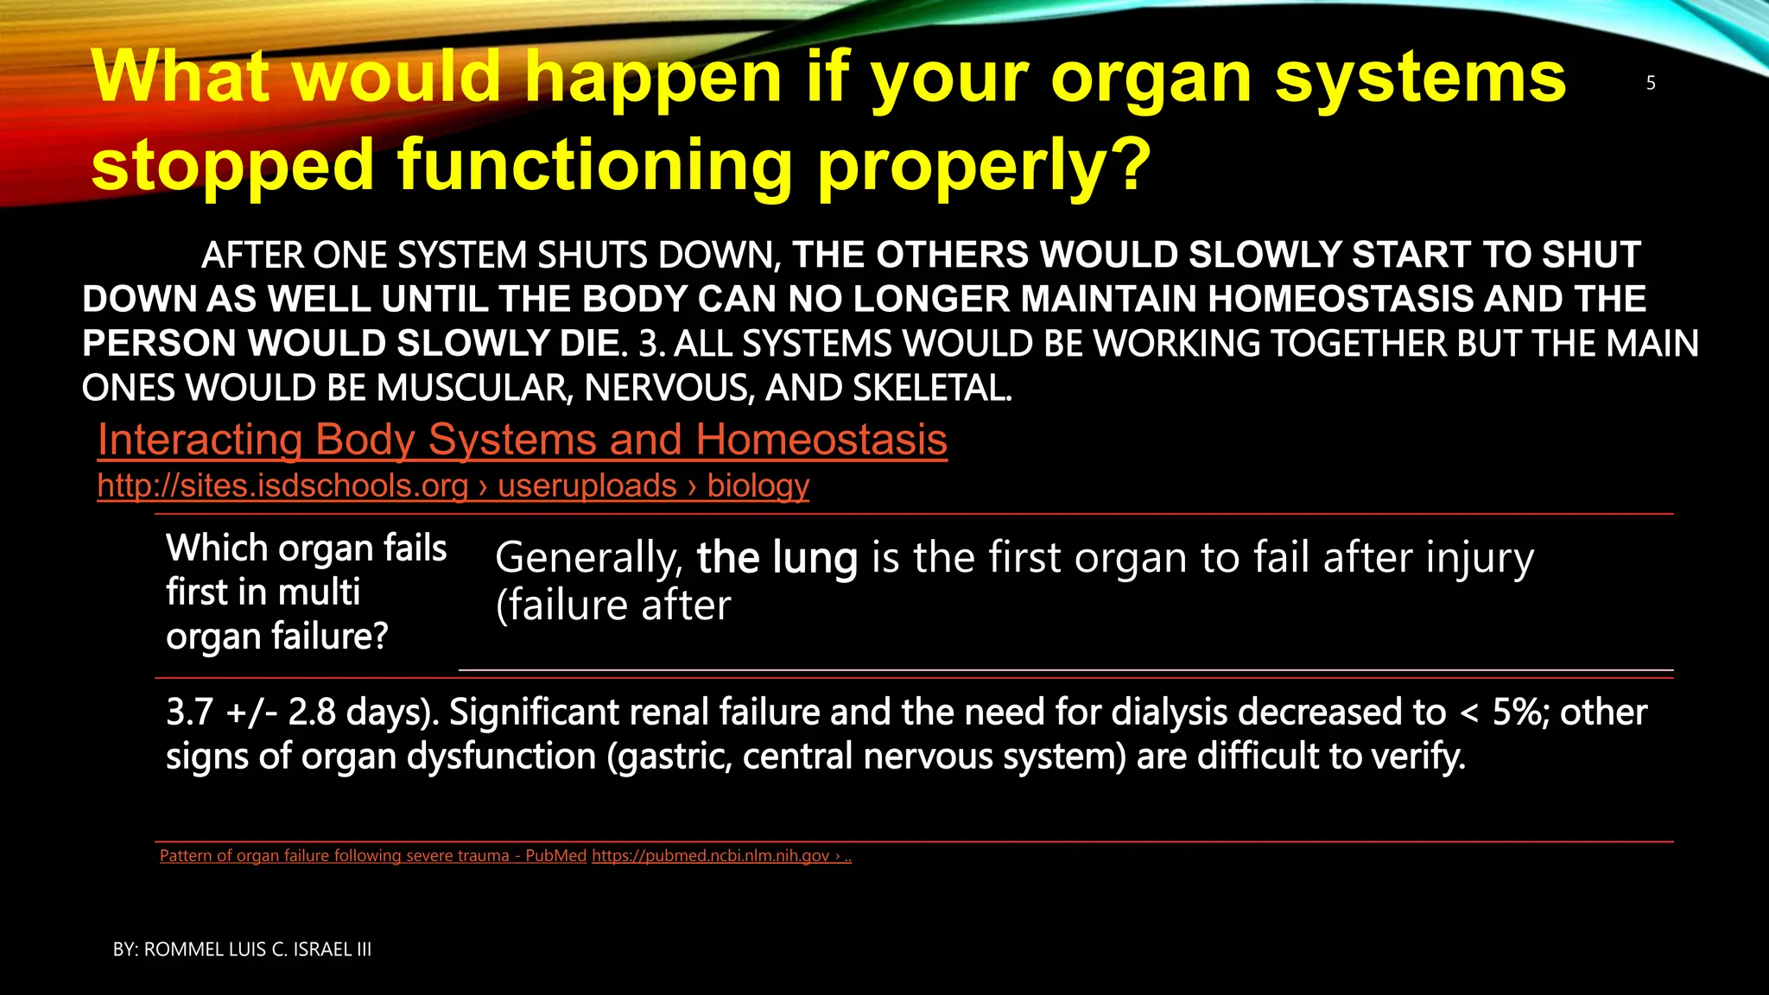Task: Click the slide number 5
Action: [x=1651, y=84]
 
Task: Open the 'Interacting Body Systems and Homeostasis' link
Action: [x=522, y=440]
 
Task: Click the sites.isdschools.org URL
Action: [x=453, y=486]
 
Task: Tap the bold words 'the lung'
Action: [x=777, y=558]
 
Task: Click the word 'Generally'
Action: [x=588, y=558]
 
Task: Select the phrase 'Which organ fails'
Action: [x=306, y=548]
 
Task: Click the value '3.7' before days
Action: [x=189, y=713]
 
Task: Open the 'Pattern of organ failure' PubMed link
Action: [x=372, y=856]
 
